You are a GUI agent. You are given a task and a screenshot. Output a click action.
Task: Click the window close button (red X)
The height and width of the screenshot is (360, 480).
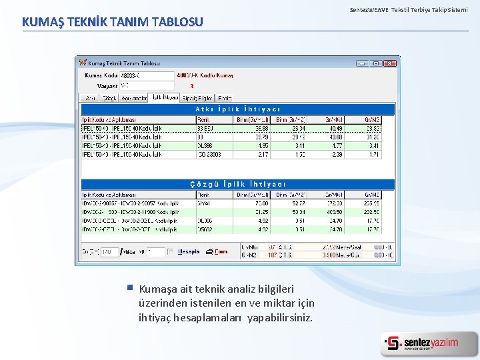click(x=390, y=63)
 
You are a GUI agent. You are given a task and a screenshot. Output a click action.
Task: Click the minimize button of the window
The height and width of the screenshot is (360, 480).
click(x=362, y=63)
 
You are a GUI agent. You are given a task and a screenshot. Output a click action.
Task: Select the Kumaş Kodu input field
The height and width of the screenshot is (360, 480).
click(x=147, y=76)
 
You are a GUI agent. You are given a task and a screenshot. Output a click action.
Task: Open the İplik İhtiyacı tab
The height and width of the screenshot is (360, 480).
click(x=165, y=97)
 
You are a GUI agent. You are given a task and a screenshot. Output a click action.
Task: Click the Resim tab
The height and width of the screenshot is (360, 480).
click(x=225, y=98)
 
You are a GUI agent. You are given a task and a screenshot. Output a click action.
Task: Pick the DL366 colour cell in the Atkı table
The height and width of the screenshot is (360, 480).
click(x=205, y=145)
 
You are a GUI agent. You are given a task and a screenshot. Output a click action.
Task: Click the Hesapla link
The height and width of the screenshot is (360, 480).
click(x=189, y=252)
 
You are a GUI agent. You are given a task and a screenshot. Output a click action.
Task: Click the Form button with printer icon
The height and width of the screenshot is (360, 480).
click(x=217, y=252)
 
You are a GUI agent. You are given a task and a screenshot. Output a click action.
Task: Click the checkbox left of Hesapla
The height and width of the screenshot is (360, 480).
click(x=171, y=252)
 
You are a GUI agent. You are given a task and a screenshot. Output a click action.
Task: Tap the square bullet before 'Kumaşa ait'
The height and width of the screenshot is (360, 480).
click(x=129, y=288)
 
